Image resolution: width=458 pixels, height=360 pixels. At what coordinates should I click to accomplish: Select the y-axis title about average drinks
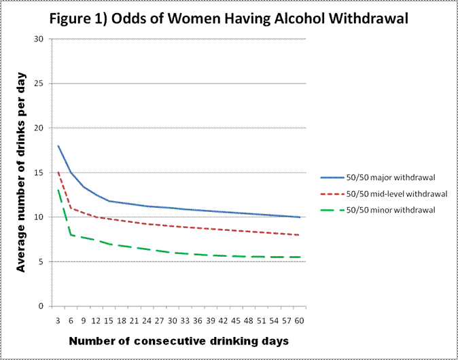tap(21, 172)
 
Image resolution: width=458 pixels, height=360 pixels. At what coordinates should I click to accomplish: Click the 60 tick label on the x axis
tap(298, 319)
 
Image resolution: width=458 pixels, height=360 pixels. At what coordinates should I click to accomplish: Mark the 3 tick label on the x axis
tap(58, 319)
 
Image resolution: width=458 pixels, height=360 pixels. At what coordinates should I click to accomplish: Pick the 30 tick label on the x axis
tap(172, 319)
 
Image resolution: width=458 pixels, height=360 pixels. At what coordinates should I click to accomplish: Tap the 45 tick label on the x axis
tap(235, 319)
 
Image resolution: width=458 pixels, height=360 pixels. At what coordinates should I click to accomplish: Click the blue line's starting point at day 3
tap(58, 145)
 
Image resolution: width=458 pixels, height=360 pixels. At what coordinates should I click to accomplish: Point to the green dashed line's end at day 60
tap(299, 257)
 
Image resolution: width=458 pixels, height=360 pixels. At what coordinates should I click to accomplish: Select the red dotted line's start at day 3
tap(58, 173)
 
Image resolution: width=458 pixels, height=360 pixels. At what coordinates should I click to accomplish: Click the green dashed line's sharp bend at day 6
tap(71, 234)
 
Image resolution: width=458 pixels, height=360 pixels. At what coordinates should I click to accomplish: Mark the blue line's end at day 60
tap(299, 217)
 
